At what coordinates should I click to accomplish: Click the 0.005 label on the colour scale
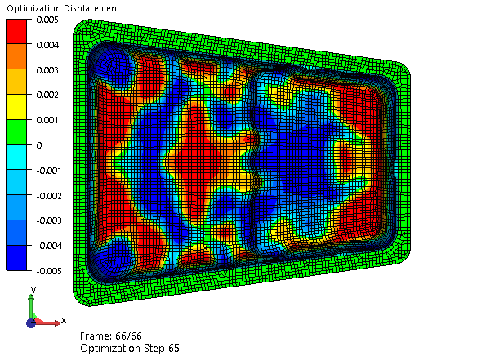pyautogui.click(x=47, y=20)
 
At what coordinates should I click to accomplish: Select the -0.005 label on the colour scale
pyautogui.click(x=49, y=271)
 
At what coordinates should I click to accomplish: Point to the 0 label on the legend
pyautogui.click(x=39, y=145)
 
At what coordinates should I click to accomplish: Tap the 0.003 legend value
pyautogui.click(x=47, y=70)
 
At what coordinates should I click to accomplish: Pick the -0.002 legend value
pyautogui.click(x=49, y=196)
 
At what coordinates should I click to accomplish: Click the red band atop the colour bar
pyautogui.click(x=16, y=31)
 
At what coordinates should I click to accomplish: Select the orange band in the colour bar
pyautogui.click(x=16, y=56)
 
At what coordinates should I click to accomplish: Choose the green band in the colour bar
pyautogui.click(x=16, y=132)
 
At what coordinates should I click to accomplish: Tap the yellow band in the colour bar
pyautogui.click(x=16, y=107)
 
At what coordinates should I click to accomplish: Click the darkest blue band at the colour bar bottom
pyautogui.click(x=16, y=258)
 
